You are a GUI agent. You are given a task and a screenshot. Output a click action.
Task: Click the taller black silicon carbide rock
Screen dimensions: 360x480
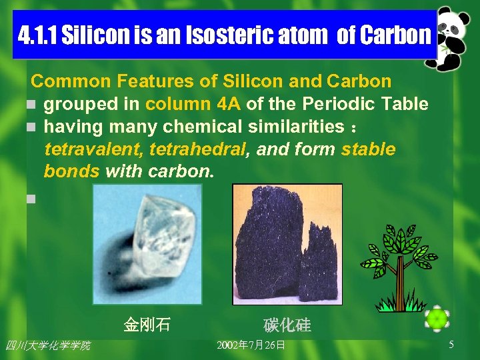click(x=270, y=247)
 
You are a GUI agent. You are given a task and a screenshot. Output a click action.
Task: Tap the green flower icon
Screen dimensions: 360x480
click(x=437, y=320)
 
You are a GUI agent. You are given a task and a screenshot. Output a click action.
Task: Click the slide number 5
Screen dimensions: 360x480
click(x=451, y=345)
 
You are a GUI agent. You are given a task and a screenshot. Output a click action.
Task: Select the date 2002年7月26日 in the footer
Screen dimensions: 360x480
click(x=251, y=345)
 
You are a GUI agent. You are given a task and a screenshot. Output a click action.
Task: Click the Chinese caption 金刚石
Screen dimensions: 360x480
click(x=147, y=325)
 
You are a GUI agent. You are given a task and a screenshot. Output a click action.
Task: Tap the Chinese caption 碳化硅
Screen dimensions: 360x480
click(x=287, y=326)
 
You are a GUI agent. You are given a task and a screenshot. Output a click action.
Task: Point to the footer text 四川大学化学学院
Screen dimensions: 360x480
click(x=47, y=345)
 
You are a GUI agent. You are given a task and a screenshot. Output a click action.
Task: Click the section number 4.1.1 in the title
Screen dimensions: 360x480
click(x=37, y=35)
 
